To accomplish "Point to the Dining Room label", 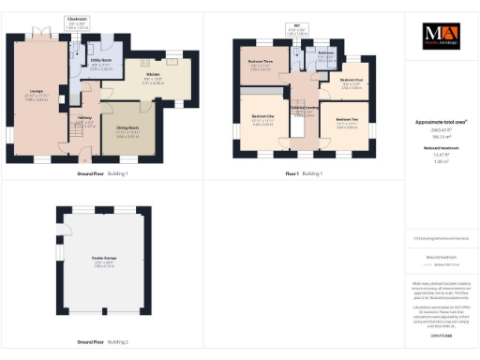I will (127, 131).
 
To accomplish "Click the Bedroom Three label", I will (261, 63).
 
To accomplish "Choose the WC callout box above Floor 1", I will (297, 30).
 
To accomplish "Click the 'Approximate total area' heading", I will (440, 122).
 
